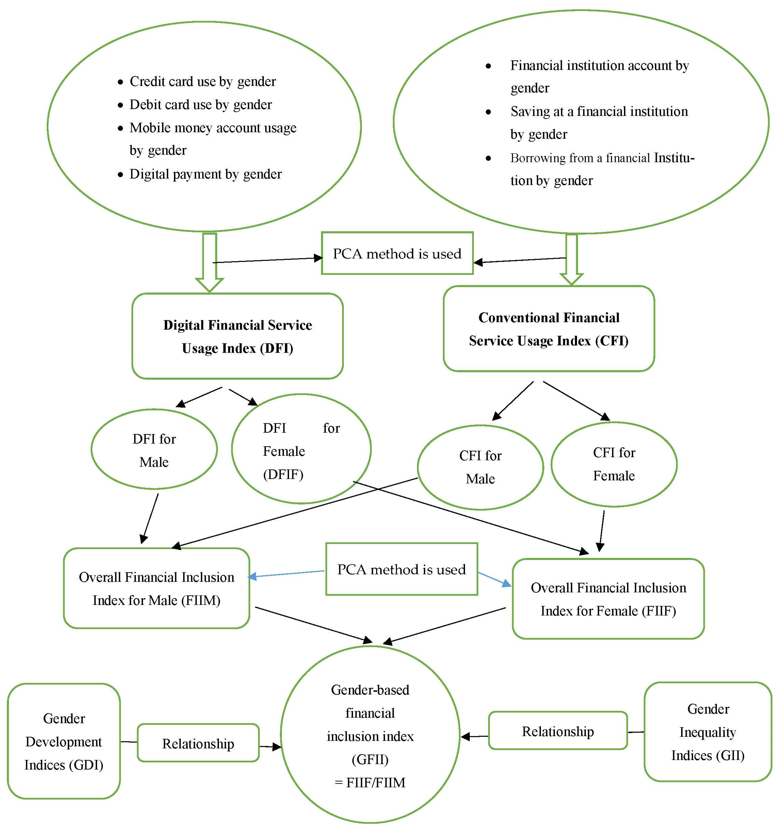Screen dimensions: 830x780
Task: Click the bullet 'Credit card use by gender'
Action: tap(202, 81)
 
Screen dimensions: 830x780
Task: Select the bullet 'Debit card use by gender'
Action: tap(200, 104)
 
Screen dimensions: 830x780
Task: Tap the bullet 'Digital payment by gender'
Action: tap(205, 174)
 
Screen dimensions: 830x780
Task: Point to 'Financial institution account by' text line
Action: tap(599, 66)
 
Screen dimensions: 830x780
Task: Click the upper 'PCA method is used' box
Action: tap(397, 253)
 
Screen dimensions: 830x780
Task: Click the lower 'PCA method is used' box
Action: tap(401, 569)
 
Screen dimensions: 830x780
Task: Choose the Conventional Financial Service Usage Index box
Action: tap(549, 329)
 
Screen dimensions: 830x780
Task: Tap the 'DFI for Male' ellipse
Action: tap(154, 450)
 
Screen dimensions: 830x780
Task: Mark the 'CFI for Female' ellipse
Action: tap(613, 464)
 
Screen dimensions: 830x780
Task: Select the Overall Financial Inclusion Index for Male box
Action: tap(157, 589)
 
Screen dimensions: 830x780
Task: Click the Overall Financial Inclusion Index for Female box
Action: tap(608, 599)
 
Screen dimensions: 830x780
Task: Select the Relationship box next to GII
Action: tap(558, 731)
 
